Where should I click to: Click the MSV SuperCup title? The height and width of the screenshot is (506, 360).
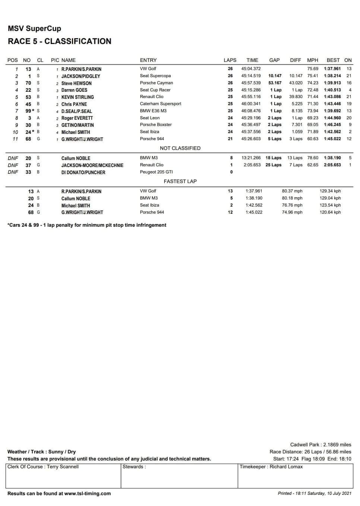click(34, 29)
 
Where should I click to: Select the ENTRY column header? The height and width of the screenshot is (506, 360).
click(148, 60)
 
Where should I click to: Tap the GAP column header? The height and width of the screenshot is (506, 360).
click(274, 60)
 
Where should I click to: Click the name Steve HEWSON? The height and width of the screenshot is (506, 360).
click(76, 83)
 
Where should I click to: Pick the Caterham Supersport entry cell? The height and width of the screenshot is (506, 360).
click(160, 104)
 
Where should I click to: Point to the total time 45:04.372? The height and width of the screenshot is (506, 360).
click(251, 69)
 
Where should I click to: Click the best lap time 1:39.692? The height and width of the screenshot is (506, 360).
click(332, 111)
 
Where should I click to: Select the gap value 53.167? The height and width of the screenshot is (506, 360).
click(275, 83)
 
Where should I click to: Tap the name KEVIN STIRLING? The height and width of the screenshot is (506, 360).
click(78, 97)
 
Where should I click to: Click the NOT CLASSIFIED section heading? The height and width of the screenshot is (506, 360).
click(180, 148)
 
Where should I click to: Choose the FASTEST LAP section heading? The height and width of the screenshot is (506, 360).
click(180, 181)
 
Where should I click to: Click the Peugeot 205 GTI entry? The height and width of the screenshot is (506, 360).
click(156, 172)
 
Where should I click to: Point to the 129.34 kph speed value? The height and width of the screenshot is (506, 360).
click(330, 191)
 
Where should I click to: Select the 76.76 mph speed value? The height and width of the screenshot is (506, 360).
click(292, 205)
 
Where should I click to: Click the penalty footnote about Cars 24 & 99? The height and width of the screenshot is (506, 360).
click(87, 225)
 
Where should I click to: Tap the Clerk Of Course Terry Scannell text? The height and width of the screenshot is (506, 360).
click(43, 467)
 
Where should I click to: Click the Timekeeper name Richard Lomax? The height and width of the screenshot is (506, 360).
click(286, 467)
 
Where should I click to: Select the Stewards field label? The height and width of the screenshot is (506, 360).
click(134, 467)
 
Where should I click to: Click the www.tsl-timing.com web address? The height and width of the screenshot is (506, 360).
click(87, 494)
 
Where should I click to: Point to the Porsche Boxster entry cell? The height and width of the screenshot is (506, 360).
click(155, 125)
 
